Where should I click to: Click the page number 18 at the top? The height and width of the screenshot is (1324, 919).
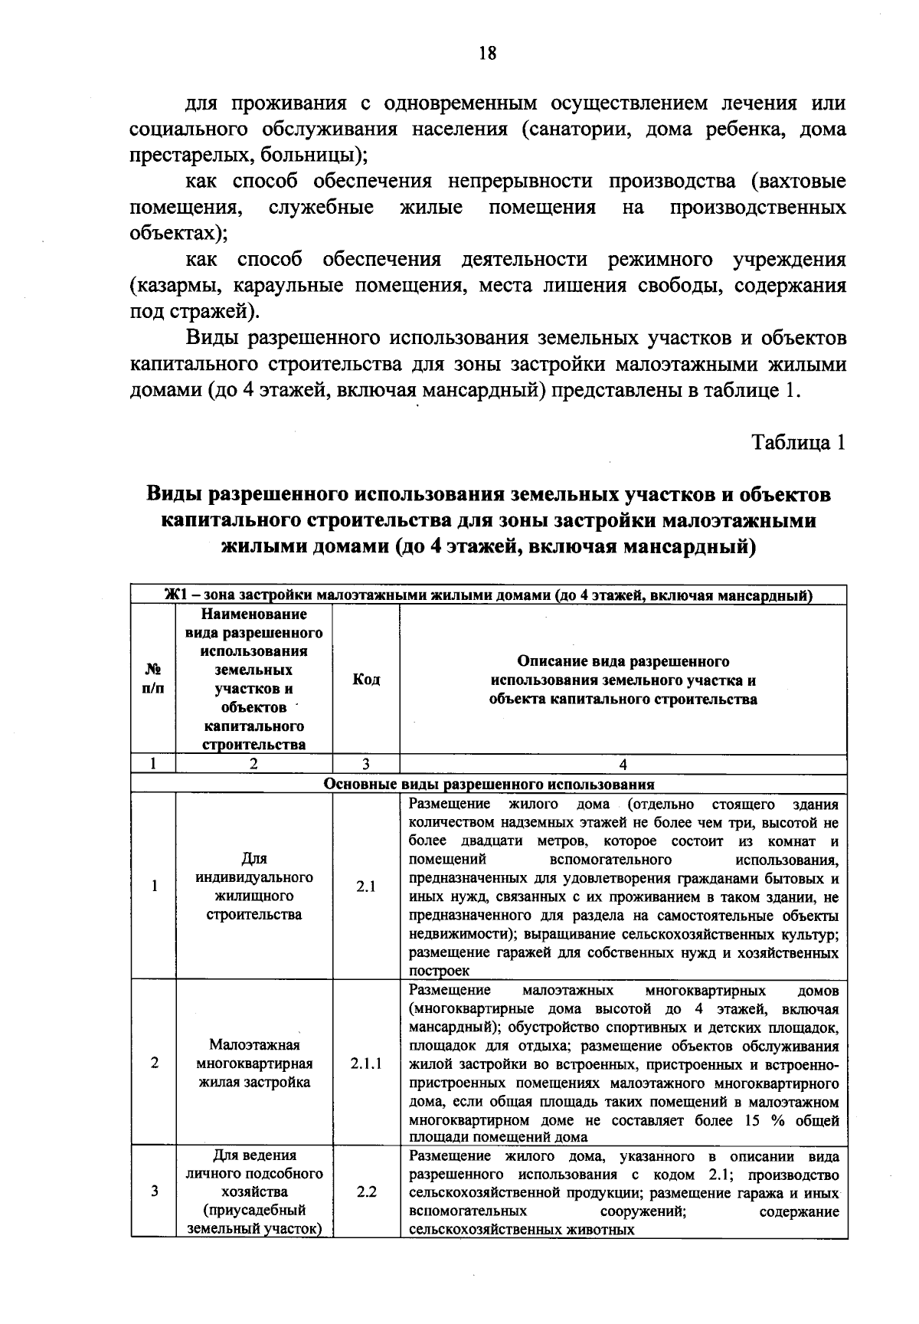point(487,53)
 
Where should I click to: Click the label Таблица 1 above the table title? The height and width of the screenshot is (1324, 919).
point(799,443)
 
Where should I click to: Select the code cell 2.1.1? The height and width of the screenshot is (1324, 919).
point(366,1063)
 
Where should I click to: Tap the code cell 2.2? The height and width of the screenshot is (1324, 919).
point(366,1191)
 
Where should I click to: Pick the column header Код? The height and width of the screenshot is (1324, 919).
point(366,680)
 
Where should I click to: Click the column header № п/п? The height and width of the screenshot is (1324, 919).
point(154,680)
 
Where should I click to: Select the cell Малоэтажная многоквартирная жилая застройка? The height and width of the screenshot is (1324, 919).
point(254,1063)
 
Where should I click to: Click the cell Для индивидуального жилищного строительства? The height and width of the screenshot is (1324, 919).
point(254,886)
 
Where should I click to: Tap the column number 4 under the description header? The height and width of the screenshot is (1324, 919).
point(623,764)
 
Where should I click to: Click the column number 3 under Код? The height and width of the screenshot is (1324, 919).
point(366,764)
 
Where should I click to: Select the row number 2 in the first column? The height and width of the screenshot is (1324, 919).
point(155,1063)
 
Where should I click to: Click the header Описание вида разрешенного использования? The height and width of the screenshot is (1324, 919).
point(623,680)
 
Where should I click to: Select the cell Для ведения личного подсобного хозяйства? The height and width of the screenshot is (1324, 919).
point(254,1191)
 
